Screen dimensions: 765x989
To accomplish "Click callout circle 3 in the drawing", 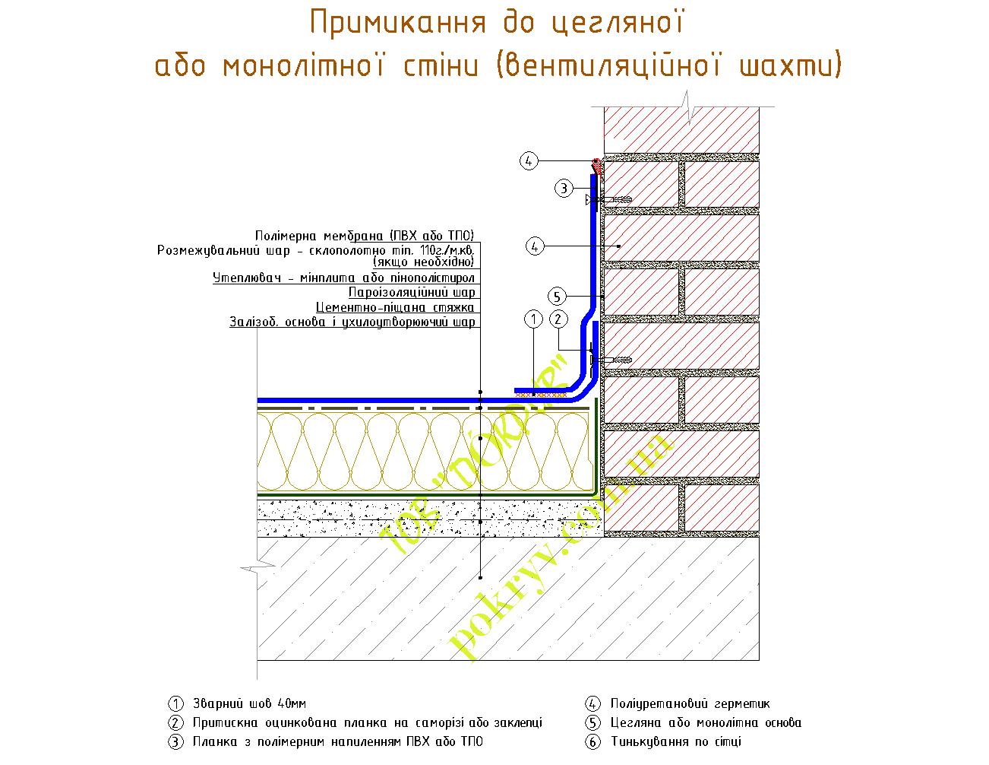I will [x=562, y=188].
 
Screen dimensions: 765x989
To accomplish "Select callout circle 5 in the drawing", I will [x=557, y=297].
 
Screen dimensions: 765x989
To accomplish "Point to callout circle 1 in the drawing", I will [x=533, y=319].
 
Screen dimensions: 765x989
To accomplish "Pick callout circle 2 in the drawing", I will [x=558, y=319].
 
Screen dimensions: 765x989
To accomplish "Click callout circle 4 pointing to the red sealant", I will [x=529, y=160].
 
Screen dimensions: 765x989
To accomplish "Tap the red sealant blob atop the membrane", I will [x=597, y=165].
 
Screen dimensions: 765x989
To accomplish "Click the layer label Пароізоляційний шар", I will [x=412, y=293].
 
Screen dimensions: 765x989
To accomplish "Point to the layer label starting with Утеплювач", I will [x=343, y=278].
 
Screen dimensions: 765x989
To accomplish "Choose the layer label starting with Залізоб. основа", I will [x=352, y=322].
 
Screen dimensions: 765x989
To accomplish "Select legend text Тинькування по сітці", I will [x=675, y=741].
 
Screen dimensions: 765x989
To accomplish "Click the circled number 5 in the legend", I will [x=593, y=723].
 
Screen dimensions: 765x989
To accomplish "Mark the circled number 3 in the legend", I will [x=176, y=741].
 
